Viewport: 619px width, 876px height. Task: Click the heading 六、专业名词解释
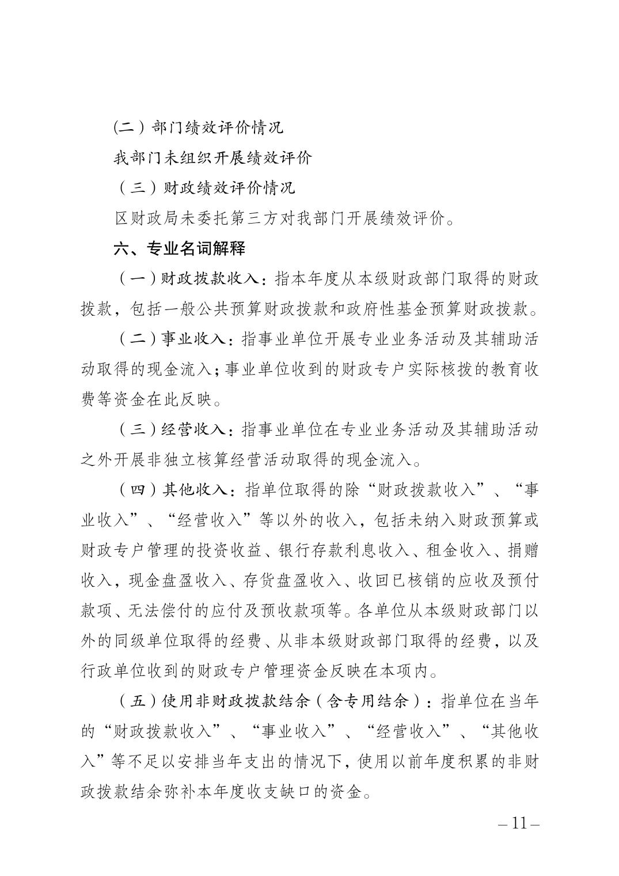click(x=179, y=248)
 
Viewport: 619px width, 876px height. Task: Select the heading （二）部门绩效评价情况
click(x=198, y=127)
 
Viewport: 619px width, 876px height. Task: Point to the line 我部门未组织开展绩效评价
click(x=212, y=157)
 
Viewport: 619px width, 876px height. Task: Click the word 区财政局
click(x=140, y=218)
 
